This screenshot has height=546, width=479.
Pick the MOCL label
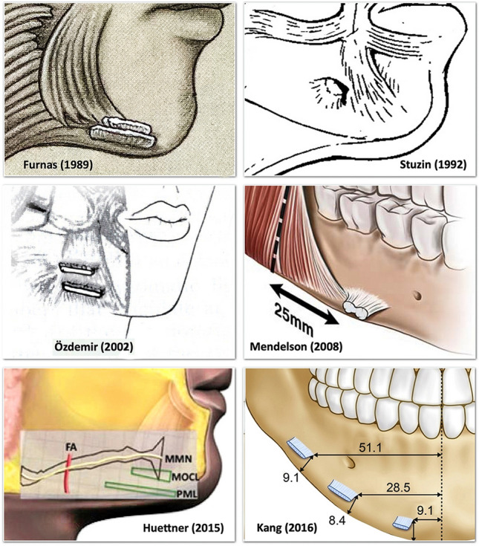(183, 475)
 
